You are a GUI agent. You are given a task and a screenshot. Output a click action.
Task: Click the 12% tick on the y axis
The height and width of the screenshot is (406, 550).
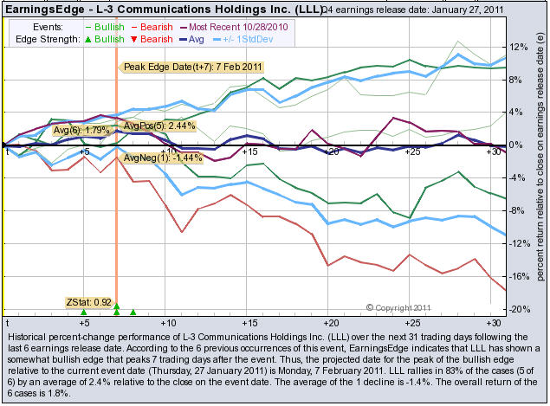tap(517, 47)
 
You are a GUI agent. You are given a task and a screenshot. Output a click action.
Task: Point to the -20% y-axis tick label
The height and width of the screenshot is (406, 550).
tap(517, 309)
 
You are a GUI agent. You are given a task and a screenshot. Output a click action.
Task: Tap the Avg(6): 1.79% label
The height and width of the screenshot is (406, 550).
tap(82, 131)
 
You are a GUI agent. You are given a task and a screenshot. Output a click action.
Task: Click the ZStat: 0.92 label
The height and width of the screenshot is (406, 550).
tap(87, 302)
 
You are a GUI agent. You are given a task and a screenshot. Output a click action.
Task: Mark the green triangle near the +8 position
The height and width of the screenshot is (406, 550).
tap(133, 313)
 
